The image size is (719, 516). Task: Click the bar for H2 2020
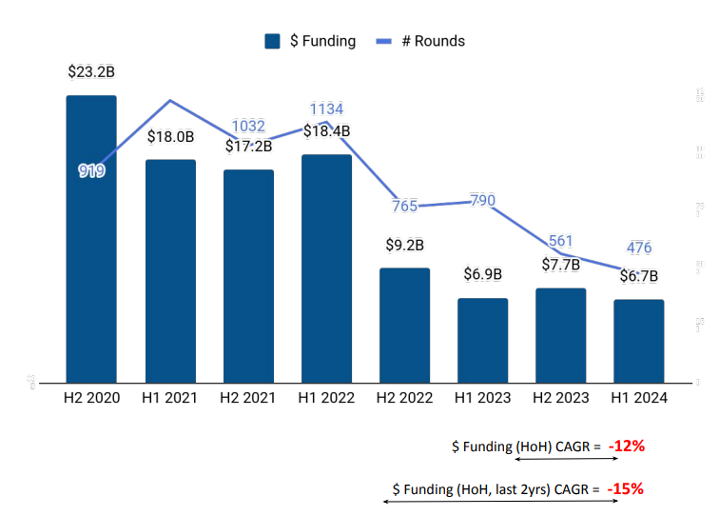pos(91,238)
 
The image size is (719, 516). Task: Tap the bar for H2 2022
pos(405,325)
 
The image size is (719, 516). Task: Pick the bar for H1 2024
pos(639,341)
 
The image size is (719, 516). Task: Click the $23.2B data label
pos(91,71)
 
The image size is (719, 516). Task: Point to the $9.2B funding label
pos(405,245)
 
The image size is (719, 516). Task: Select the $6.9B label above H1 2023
pos(483,274)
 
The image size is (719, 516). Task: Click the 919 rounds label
pos(91,171)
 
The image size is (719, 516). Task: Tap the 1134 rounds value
pos(326,109)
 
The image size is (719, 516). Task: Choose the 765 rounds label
pos(405,206)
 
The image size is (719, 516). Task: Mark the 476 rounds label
pos(639,248)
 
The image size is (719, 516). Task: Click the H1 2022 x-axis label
pos(326,398)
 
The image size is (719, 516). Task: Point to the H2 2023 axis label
pos(561,398)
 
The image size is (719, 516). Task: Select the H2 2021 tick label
pos(248,398)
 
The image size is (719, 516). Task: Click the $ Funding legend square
pos(273,41)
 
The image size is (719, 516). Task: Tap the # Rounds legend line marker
pos(385,41)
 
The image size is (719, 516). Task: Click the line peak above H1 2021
pos(170,100)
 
